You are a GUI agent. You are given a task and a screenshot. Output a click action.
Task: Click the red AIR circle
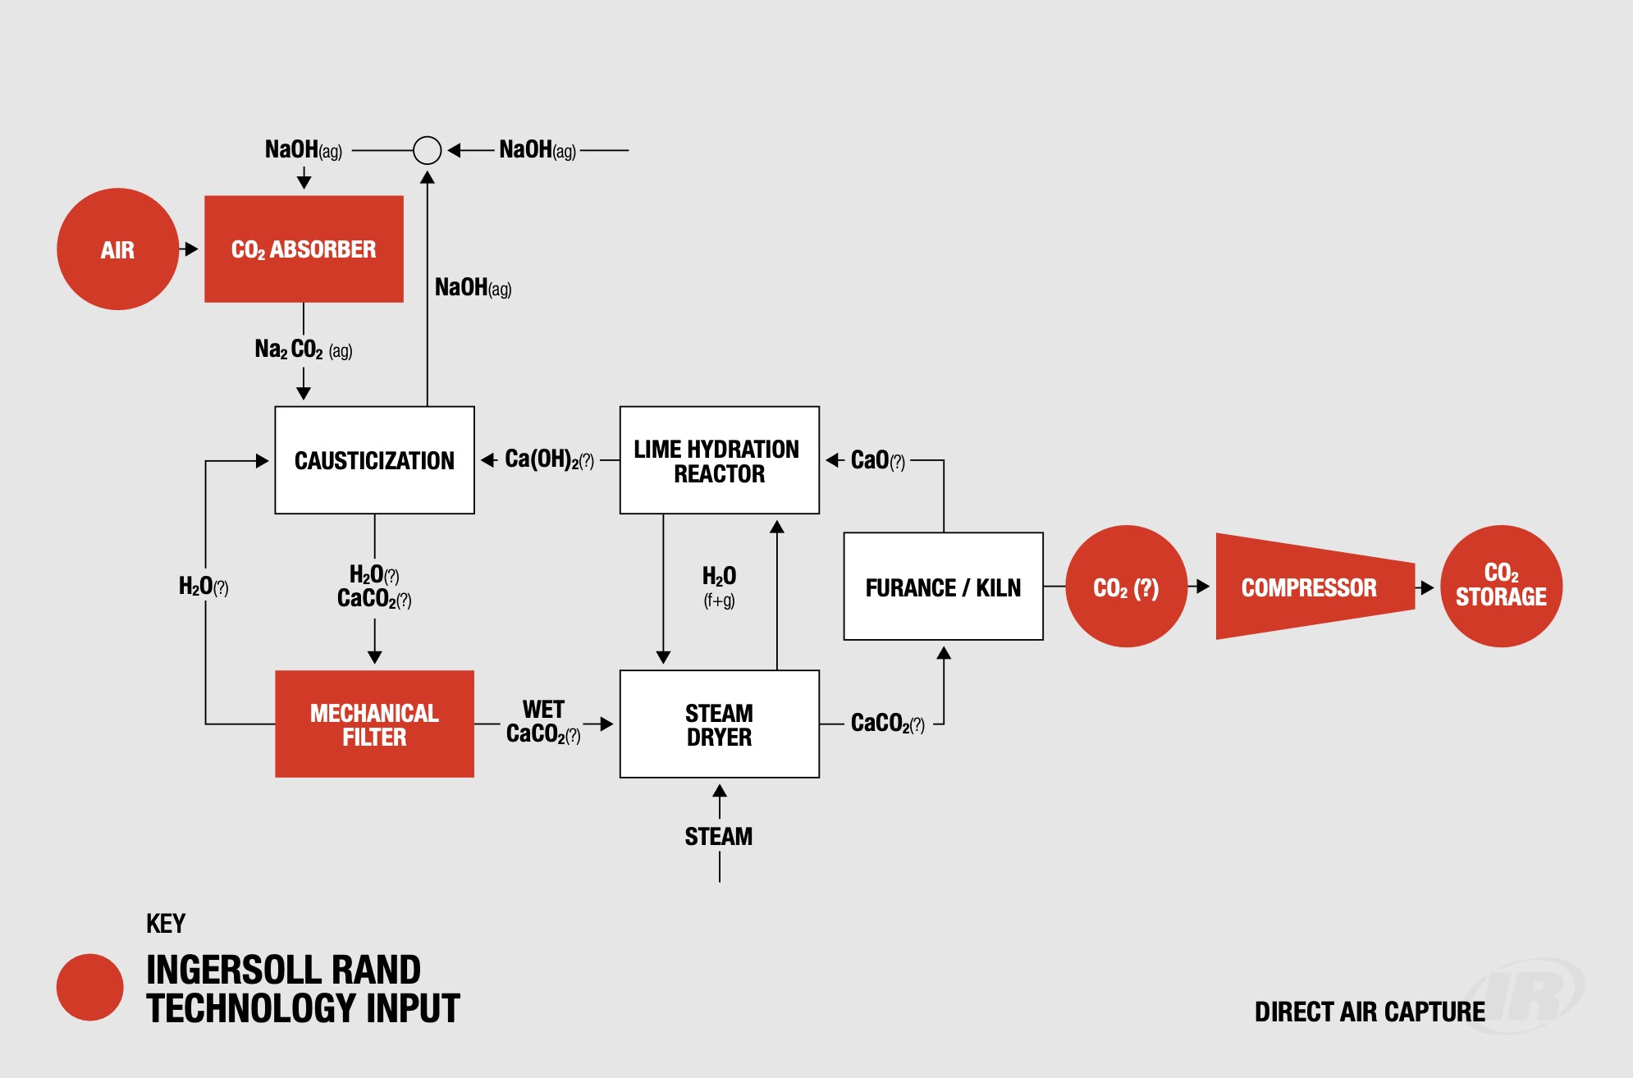[117, 249]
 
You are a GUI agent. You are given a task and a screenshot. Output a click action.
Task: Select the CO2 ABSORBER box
[304, 249]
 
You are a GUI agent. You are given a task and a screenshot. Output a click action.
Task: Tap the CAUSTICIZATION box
[374, 460]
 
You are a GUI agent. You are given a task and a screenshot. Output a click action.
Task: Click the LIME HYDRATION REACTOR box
[719, 460]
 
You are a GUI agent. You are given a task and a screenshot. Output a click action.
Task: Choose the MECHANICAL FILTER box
[374, 724]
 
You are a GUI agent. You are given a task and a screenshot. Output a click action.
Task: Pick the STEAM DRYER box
[719, 724]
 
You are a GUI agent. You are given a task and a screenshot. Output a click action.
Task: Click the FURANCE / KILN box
[943, 587]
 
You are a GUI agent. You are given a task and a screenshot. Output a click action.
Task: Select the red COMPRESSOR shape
[1313, 587]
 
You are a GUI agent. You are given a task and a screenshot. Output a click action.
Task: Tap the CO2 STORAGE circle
[1501, 586]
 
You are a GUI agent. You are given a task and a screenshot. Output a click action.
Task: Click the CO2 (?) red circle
[1126, 587]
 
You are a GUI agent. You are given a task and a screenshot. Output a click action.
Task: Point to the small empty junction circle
[427, 150]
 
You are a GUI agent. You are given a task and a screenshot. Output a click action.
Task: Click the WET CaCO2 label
[543, 722]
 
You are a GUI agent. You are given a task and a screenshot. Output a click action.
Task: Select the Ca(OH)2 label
[548, 459]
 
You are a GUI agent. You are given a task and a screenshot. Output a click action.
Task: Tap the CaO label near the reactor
[877, 460]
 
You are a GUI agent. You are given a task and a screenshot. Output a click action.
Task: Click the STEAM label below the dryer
[719, 837]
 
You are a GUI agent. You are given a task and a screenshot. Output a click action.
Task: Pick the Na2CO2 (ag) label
[303, 349]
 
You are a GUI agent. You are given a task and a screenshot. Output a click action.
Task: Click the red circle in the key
[89, 987]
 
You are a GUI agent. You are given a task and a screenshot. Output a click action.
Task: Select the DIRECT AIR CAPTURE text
[1369, 1012]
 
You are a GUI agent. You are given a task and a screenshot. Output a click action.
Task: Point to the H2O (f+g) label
[719, 586]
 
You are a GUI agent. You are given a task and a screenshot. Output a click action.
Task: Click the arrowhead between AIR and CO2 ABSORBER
[191, 249]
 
